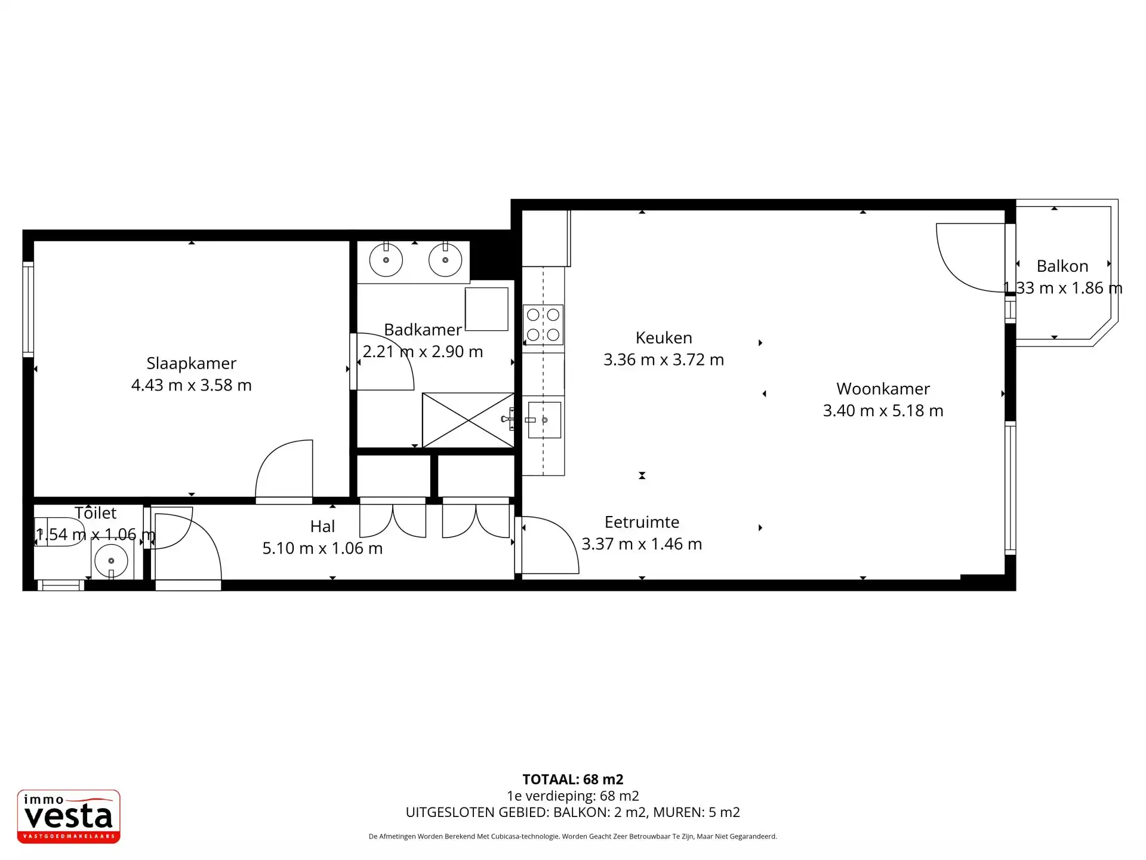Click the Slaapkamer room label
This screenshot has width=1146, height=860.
tap(191, 363)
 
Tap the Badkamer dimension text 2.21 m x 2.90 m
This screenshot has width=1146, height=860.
tap(423, 351)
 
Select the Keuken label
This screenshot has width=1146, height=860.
tap(664, 337)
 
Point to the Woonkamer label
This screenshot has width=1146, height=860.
tap(883, 389)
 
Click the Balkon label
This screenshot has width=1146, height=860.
tap(1062, 266)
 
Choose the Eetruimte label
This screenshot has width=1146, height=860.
tap(642, 522)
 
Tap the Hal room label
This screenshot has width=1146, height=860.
tap(322, 526)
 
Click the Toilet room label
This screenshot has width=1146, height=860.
tap(95, 512)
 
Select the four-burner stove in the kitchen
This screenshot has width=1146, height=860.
tap(543, 325)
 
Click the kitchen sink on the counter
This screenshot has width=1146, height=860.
tap(544, 420)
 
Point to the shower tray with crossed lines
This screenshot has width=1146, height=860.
tap(468, 420)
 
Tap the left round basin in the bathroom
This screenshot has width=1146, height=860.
tap(386, 260)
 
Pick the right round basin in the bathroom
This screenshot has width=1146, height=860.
tap(445, 260)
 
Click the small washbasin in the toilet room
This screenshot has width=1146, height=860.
tap(112, 561)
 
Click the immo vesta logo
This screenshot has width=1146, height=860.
tap(69, 816)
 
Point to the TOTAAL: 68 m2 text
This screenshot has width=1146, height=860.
tap(573, 779)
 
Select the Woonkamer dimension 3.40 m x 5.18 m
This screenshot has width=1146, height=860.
tap(883, 410)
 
